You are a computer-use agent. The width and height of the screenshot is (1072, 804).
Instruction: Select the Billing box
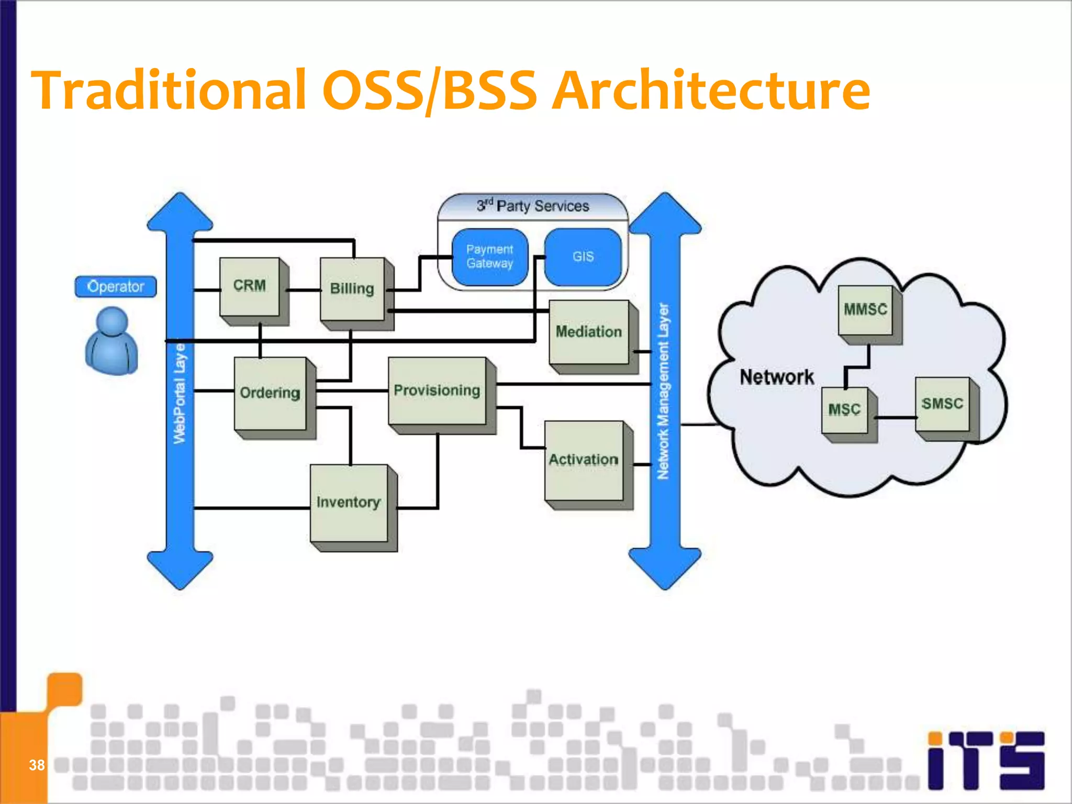pyautogui.click(x=352, y=289)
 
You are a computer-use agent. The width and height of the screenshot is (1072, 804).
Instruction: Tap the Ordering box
pyautogui.click(x=270, y=393)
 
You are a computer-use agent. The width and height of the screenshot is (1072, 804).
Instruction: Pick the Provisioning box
pyautogui.click(x=437, y=390)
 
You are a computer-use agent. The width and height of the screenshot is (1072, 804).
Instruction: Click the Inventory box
pyautogui.click(x=349, y=502)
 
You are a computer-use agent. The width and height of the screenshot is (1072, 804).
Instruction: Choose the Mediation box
pyautogui.click(x=589, y=332)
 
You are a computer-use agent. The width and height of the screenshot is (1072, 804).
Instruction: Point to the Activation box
pyautogui.click(x=584, y=460)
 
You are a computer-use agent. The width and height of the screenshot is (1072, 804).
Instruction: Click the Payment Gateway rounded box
pyautogui.click(x=490, y=257)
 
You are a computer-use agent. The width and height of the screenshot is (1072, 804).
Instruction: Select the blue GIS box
pyautogui.click(x=583, y=257)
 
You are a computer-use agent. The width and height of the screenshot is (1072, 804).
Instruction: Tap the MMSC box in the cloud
pyautogui.click(x=865, y=310)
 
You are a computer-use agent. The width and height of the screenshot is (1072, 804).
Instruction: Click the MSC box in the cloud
pyautogui.click(x=844, y=410)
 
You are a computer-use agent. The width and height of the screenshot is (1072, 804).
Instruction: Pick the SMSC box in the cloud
pyautogui.click(x=942, y=404)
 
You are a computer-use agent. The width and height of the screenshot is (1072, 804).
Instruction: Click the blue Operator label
pyautogui.click(x=116, y=287)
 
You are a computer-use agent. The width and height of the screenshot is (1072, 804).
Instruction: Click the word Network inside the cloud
pyautogui.click(x=777, y=377)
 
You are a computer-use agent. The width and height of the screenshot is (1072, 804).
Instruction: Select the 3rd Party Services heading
pyautogui.click(x=533, y=206)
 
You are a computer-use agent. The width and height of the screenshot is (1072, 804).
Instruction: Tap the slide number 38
pyautogui.click(x=37, y=765)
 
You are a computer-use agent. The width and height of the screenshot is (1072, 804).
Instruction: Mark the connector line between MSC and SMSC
pyautogui.click(x=896, y=418)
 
